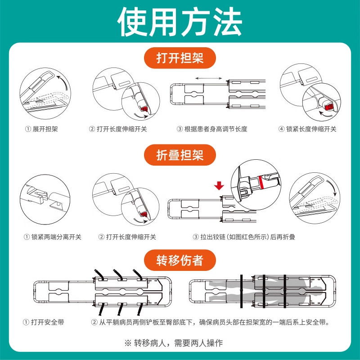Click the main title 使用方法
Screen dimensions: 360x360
[x=180, y=22]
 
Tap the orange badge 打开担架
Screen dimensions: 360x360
[x=180, y=58]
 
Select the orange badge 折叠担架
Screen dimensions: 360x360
[x=180, y=155]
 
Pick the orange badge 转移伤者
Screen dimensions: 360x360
[x=180, y=260]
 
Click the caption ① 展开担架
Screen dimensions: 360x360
[x=41, y=129]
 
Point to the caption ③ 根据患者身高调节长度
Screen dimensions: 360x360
[x=211, y=129]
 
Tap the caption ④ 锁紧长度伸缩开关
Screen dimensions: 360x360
[x=307, y=129]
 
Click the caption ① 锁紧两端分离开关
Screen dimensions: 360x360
[x=53, y=237]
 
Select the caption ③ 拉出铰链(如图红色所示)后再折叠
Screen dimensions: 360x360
[x=244, y=237]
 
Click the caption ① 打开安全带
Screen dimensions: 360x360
[x=43, y=322]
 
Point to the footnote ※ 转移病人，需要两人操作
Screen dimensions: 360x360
[x=174, y=343]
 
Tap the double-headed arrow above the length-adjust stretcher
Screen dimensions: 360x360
[x=209, y=78]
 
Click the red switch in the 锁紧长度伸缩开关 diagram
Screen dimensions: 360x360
[x=329, y=107]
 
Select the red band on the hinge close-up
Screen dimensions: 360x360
[x=261, y=183]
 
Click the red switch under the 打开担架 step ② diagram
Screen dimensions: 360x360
[x=144, y=109]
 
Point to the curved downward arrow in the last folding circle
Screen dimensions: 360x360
[x=332, y=188]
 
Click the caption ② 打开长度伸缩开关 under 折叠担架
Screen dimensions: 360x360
[x=127, y=237]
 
